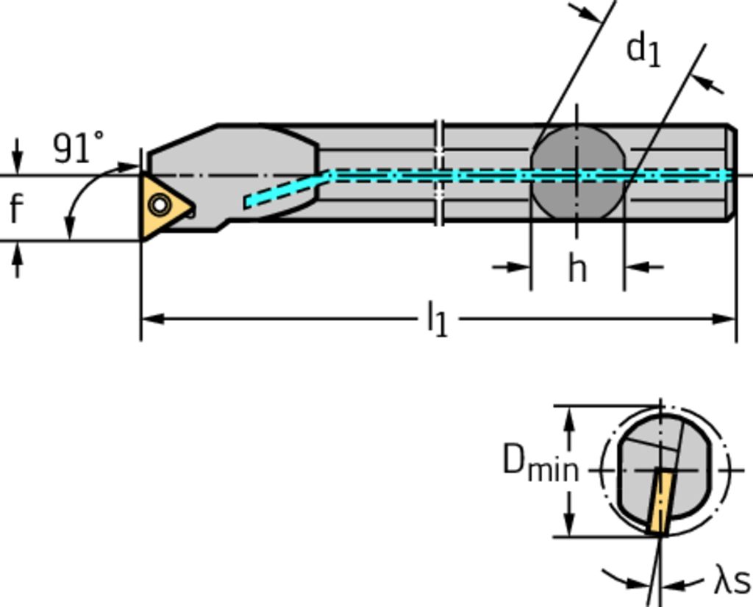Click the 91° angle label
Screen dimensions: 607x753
pyautogui.click(x=78, y=148)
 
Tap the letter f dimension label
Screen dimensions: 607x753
pyautogui.click(x=16, y=209)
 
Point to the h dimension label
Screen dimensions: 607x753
pyautogui.click(x=577, y=268)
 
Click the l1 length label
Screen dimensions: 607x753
pyautogui.click(x=437, y=320)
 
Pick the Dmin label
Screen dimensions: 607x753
pyautogui.click(x=540, y=463)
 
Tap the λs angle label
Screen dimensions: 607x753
pyautogui.click(x=732, y=581)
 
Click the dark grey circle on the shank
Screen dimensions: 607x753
pyautogui.click(x=577, y=173)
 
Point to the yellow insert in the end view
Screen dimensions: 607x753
pyautogui.click(x=660, y=503)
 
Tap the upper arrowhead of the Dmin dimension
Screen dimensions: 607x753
pyautogui.click(x=568, y=417)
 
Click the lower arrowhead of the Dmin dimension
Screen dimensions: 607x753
pyautogui.click(x=568, y=525)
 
